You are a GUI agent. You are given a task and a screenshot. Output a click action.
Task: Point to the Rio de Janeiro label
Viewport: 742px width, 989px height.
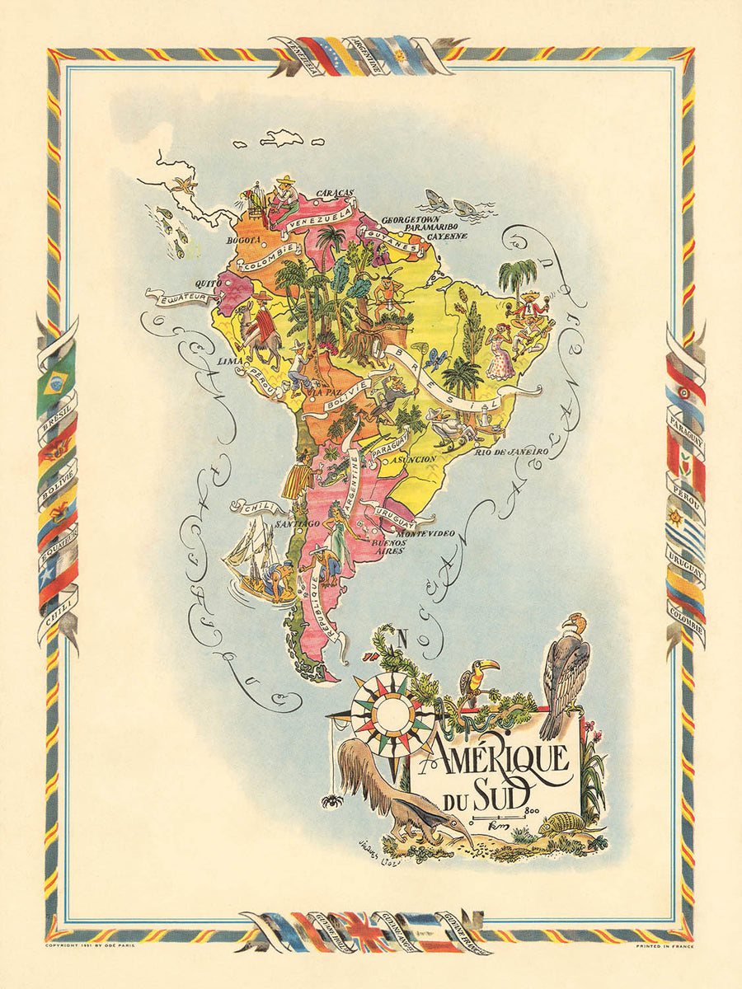point(510,452)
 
